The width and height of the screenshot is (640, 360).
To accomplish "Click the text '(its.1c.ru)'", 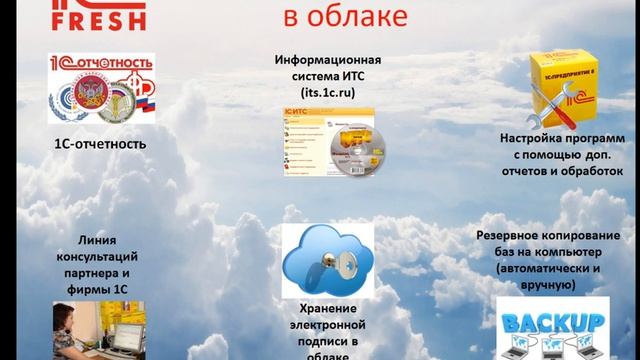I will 328,91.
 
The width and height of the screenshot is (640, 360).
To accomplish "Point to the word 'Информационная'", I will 328,59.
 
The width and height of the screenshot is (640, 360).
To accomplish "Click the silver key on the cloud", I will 326,263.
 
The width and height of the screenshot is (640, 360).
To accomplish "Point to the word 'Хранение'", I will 328,309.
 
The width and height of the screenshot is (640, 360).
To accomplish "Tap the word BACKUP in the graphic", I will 553,322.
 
